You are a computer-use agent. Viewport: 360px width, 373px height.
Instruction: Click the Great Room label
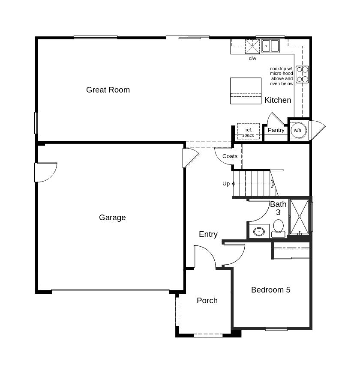(x=108, y=90)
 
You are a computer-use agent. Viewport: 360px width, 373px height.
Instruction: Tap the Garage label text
(x=112, y=218)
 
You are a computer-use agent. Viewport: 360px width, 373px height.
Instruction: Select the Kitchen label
(x=278, y=100)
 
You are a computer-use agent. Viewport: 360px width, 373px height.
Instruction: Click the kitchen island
(x=246, y=90)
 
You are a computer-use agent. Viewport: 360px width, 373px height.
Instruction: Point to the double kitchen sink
(x=270, y=46)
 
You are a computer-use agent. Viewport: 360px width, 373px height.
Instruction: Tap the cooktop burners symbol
(x=302, y=74)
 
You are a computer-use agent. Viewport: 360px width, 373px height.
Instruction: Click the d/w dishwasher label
(x=252, y=58)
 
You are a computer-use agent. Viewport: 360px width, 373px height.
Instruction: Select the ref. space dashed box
(x=248, y=131)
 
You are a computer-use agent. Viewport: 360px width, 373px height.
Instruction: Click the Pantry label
(x=276, y=130)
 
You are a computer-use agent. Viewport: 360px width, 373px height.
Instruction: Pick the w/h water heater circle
(x=297, y=130)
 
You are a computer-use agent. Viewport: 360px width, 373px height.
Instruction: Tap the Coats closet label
(x=230, y=156)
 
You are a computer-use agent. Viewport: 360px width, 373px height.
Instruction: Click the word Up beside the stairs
(x=226, y=184)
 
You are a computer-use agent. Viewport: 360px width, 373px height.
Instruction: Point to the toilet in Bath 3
(x=279, y=227)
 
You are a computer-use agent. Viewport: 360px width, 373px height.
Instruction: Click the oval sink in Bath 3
(x=259, y=232)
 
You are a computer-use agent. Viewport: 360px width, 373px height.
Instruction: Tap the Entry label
(x=208, y=234)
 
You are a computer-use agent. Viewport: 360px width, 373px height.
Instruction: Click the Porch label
(x=207, y=301)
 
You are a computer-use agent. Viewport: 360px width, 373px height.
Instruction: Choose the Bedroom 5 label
(x=270, y=290)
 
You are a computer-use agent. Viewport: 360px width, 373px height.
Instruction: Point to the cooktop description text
(x=282, y=76)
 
